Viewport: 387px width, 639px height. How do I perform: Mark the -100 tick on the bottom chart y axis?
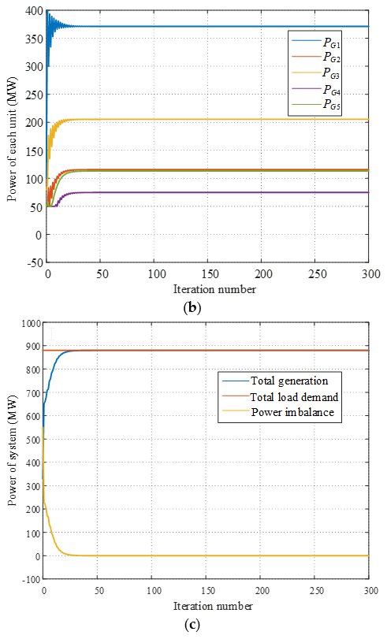(x=28, y=579)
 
